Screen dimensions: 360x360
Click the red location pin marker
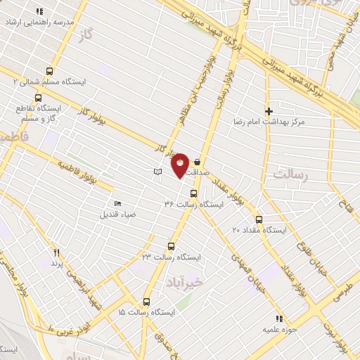(180, 164)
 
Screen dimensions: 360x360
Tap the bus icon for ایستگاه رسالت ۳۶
(193, 193)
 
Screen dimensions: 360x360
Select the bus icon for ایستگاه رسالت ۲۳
(171, 246)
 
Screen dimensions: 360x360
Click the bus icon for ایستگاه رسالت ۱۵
(146, 300)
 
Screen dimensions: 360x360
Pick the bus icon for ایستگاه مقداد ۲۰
(259, 219)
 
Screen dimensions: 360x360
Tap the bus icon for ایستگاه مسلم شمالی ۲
(49, 71)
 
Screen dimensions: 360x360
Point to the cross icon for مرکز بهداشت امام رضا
(268, 111)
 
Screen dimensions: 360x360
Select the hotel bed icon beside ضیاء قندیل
(117, 202)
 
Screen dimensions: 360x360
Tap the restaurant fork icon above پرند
(56, 252)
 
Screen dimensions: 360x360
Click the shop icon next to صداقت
(196, 161)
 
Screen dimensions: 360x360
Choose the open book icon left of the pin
(157, 172)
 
